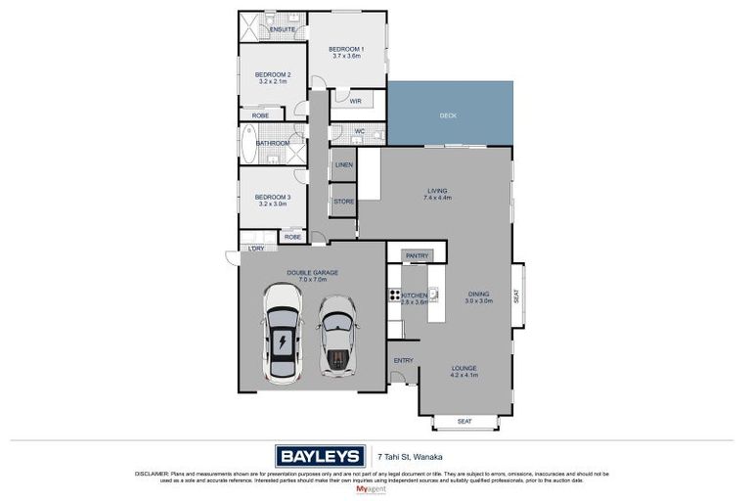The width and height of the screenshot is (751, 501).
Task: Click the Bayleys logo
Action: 320,456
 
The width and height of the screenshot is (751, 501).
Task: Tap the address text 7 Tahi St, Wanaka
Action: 406,456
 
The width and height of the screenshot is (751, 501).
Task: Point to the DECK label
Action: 448,115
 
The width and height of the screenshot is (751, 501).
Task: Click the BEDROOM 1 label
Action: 346,49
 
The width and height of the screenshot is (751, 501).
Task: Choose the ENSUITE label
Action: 283,29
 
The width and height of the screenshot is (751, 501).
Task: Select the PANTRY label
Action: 418,255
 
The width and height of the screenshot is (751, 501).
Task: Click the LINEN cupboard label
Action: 343,164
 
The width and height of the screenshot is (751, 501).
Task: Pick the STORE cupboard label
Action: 343,202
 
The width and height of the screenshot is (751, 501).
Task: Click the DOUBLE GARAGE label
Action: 311,273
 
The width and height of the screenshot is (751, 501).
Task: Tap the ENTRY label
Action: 403,360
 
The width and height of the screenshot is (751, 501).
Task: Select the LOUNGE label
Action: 464,369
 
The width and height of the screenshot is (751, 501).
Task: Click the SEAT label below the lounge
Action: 464,422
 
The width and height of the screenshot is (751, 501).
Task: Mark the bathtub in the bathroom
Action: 245,144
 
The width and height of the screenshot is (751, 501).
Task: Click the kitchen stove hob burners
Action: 395,296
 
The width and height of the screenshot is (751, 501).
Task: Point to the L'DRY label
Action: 255,249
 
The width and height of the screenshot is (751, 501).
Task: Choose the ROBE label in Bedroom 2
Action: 261,115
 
